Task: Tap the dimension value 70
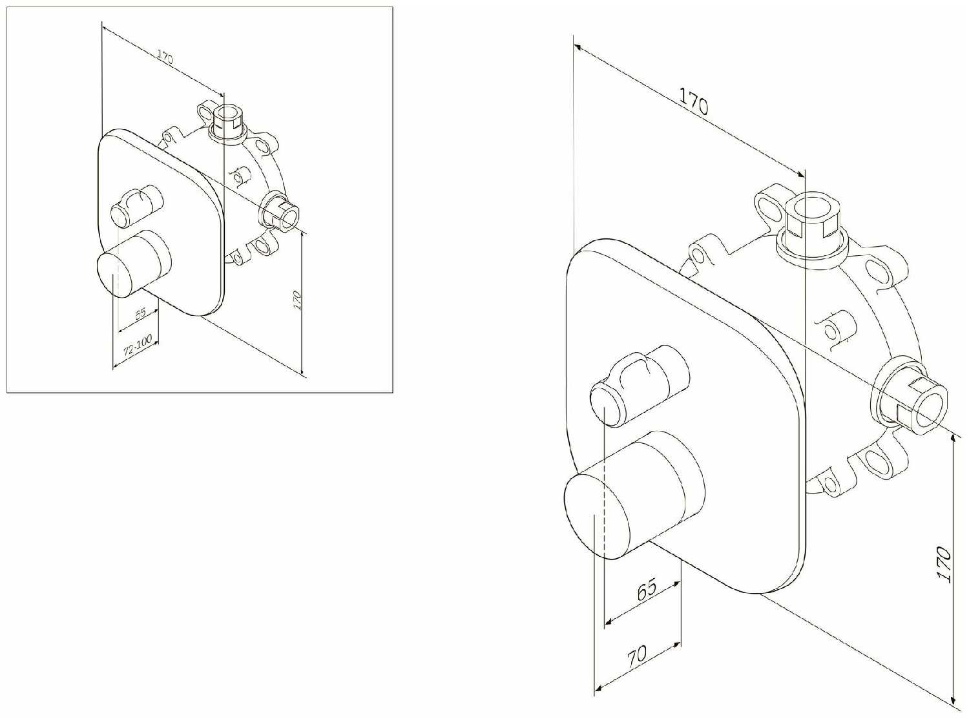637,654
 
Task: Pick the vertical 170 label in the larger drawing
944,565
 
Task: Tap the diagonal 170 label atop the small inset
165,57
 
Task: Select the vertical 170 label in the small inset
298,300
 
